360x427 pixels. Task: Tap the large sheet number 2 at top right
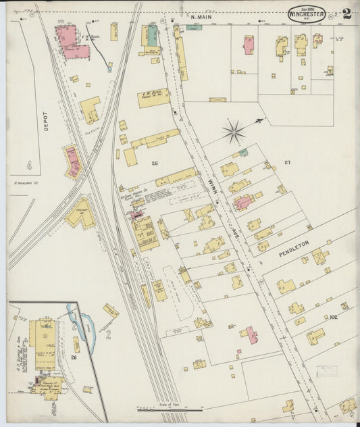pos(346,13)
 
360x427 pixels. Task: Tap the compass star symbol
pos(234,132)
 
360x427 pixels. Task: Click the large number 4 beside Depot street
pos(29,164)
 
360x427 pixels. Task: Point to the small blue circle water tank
pos(109,68)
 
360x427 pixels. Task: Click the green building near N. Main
pos(153,34)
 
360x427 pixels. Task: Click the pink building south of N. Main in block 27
pos(249,45)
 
